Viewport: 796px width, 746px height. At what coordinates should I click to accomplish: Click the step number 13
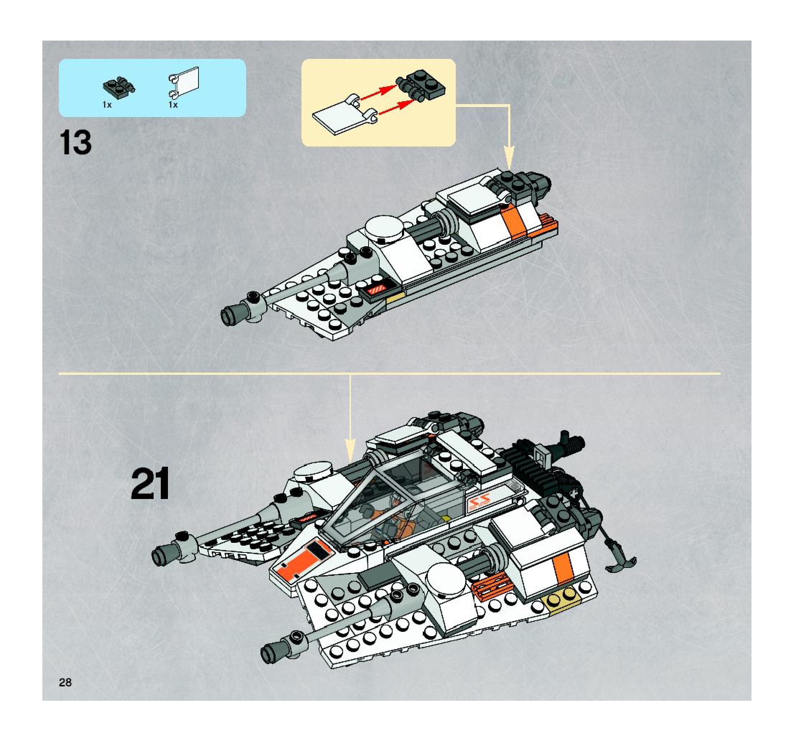[x=76, y=143]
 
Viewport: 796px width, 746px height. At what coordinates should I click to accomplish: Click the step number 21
[x=150, y=484]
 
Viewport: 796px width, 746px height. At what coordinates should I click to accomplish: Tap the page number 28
[x=65, y=682]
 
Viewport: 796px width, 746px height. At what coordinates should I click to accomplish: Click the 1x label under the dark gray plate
[x=107, y=105]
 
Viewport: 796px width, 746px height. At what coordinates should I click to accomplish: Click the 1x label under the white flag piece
[x=173, y=105]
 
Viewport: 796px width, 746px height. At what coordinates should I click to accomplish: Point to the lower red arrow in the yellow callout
[x=395, y=108]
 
